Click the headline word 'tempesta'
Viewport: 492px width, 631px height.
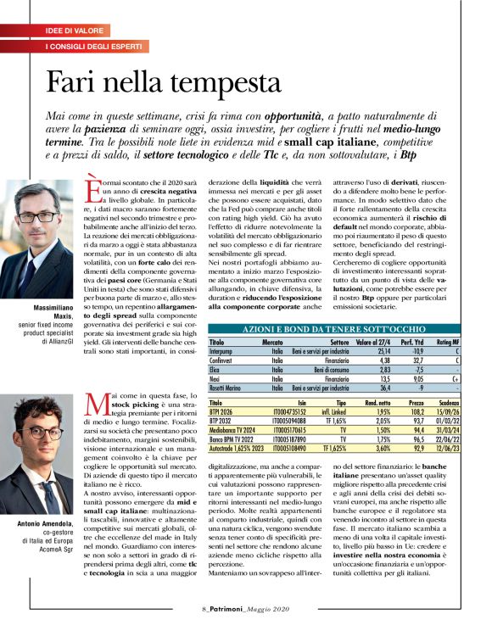point(225,82)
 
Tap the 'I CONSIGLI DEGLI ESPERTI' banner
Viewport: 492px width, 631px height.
point(98,45)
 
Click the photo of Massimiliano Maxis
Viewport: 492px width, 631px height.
point(39,228)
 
